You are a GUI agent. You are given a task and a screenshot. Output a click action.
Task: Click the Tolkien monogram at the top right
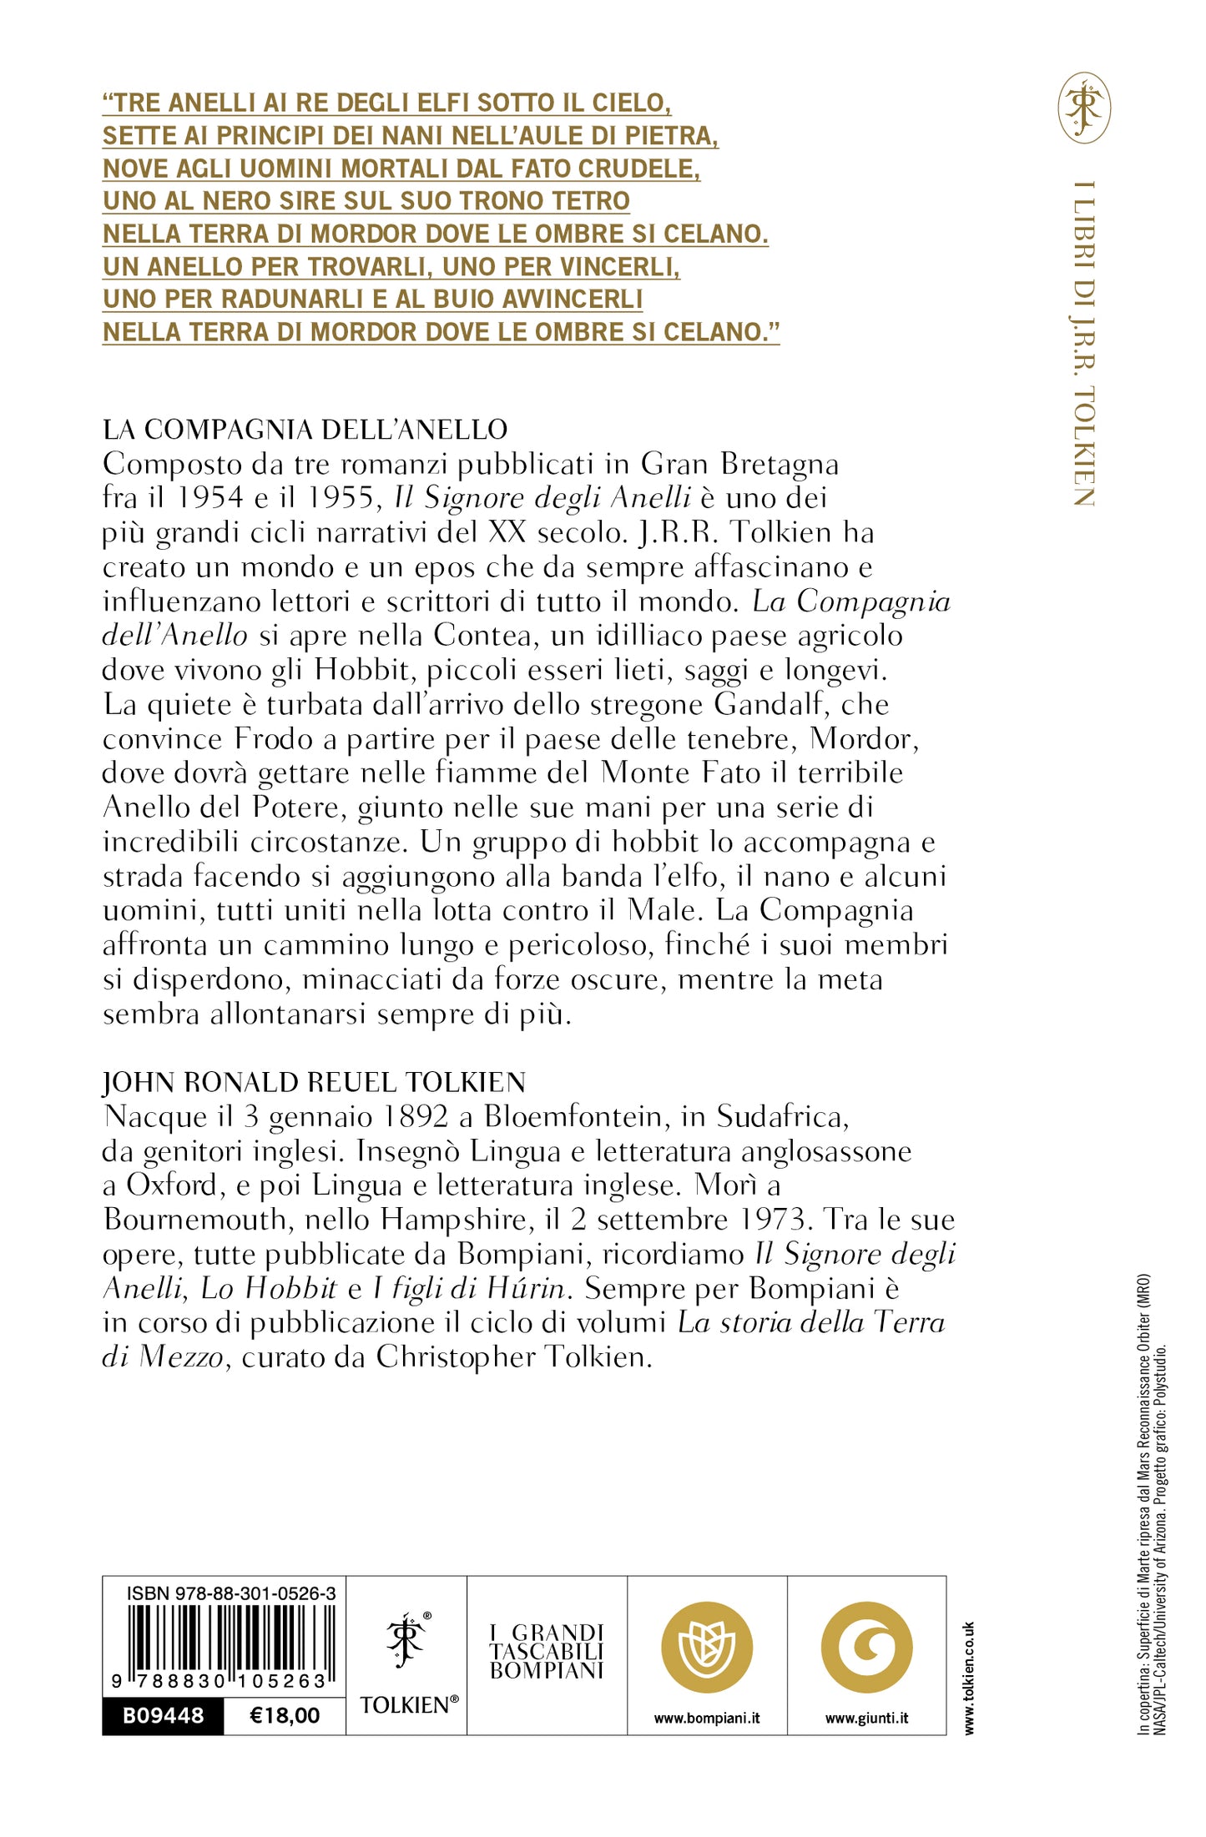[x=1084, y=108]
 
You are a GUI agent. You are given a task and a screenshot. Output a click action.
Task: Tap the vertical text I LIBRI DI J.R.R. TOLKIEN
[x=1083, y=343]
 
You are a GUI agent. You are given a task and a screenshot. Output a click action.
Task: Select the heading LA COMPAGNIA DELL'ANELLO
[x=305, y=430]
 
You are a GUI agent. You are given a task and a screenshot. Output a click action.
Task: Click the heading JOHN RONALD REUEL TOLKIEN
[x=314, y=1083]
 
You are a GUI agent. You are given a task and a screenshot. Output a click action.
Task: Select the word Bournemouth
[x=195, y=1220]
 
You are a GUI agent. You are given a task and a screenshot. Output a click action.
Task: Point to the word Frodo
[x=285, y=739]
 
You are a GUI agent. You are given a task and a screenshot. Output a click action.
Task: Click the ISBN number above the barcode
[x=231, y=1593]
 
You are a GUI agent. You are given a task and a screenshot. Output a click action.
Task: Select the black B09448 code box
[x=163, y=1715]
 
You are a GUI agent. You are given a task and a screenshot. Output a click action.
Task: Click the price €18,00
[x=285, y=1715]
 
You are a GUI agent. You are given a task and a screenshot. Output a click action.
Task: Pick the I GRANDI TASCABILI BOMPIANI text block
[x=547, y=1651]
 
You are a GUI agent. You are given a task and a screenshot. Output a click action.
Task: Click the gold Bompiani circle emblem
[x=706, y=1647]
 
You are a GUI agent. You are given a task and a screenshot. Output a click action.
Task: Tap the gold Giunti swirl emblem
[x=866, y=1647]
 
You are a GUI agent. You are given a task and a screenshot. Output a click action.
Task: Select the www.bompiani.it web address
[x=706, y=1718]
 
